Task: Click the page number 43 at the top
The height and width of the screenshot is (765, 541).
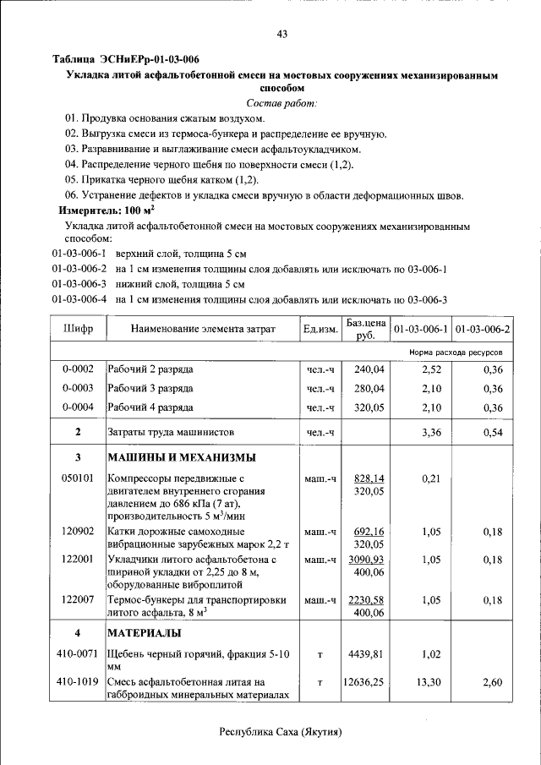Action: (x=282, y=34)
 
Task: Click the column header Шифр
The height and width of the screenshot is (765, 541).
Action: (x=78, y=329)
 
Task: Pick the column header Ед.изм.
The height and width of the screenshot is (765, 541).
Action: (x=321, y=329)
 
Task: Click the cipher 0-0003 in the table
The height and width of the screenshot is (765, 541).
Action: (x=78, y=388)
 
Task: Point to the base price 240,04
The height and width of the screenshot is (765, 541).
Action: (x=369, y=369)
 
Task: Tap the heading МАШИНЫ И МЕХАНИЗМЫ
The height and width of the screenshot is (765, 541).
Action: (x=181, y=457)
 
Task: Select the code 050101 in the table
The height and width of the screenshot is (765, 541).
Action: (x=78, y=478)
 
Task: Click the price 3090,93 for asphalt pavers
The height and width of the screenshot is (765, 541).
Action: (x=369, y=560)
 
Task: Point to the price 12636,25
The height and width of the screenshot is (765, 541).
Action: (x=365, y=681)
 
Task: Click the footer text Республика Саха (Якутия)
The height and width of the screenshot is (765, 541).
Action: (x=282, y=731)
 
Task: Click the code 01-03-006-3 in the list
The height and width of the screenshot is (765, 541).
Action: (x=79, y=284)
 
